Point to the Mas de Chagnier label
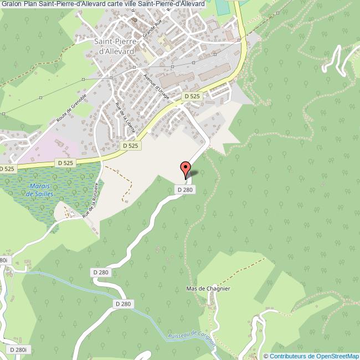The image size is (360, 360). (208, 289)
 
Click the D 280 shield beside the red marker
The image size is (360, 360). (187, 189)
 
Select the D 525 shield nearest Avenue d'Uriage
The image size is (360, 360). (192, 96)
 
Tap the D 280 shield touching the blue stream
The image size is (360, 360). (124, 304)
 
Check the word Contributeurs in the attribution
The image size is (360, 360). (289, 356)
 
